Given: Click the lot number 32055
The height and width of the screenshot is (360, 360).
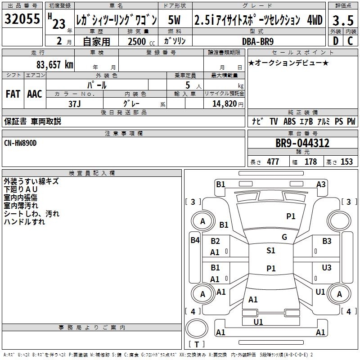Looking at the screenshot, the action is click(22, 19).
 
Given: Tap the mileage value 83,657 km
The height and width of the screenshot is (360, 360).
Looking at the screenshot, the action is click(55, 64).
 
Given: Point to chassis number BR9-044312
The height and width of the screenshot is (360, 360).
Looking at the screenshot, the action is click(302, 143).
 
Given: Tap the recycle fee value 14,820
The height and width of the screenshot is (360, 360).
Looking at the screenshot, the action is click(224, 103).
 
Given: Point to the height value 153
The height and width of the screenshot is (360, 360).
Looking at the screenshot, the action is click(346, 162).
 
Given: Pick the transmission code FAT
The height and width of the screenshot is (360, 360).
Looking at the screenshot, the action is click(13, 94).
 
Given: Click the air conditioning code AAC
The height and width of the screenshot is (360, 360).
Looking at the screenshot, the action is click(35, 94).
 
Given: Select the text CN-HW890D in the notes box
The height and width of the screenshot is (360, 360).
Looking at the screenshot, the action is click(21, 143).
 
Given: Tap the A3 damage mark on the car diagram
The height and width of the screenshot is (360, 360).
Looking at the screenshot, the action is click(321, 184).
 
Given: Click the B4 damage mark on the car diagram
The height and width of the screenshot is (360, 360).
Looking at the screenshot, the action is click(195, 240).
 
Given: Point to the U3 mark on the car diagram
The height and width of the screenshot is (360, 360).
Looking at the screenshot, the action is click(327, 267).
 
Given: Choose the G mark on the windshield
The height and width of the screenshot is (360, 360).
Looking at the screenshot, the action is click(284, 237).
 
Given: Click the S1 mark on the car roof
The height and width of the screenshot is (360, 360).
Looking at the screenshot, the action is click(270, 251).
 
